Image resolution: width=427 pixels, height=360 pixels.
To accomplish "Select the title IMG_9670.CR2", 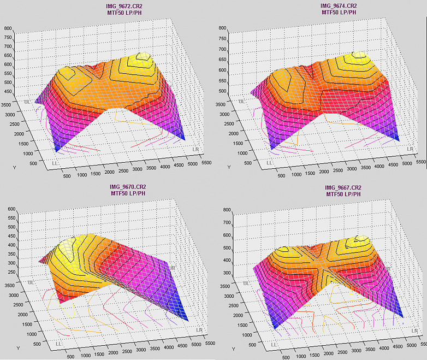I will pos(128,187).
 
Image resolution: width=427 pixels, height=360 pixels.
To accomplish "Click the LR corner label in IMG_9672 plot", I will pos(196,149).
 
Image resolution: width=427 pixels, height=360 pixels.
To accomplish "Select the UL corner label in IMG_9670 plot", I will pos(32,282).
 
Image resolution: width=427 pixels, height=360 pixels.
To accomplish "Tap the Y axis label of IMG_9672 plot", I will pos(14,168).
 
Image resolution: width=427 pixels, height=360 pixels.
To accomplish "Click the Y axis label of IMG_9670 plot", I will pos(19,348).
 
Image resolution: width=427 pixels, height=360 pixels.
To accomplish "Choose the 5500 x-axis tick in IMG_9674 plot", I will pos(419,162).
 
